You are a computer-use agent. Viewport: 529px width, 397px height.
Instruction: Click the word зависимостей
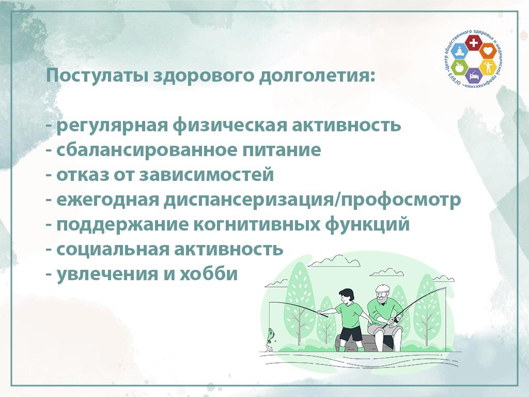click(207, 175)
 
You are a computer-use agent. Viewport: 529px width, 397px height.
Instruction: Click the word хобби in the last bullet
click(209, 273)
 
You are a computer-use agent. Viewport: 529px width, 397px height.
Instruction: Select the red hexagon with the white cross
click(474, 42)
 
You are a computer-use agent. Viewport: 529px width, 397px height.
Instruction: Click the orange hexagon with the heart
click(488, 51)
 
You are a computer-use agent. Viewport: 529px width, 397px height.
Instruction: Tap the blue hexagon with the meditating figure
click(459, 52)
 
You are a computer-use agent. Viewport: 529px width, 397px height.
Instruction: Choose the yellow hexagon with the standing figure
click(487, 67)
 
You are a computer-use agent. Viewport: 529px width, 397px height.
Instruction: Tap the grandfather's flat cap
click(383, 288)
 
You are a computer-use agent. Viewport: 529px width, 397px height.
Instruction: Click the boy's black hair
click(347, 293)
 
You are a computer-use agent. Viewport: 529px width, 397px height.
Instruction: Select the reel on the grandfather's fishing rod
click(398, 318)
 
